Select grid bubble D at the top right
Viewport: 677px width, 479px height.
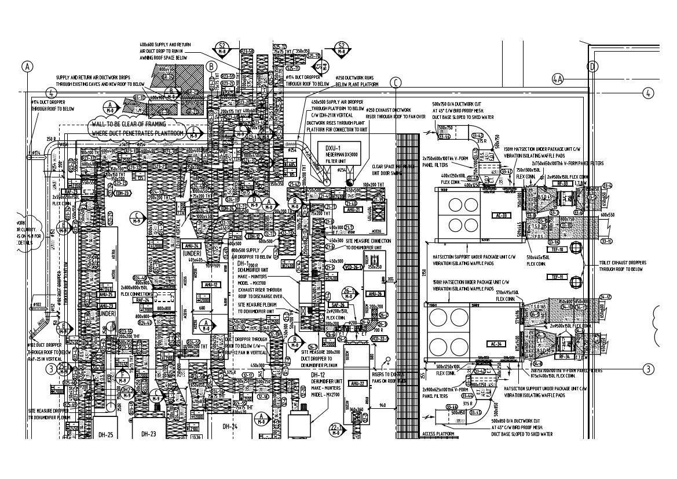[x=592, y=66]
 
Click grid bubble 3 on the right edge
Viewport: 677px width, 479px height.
[x=649, y=369]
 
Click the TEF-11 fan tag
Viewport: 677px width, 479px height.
[x=558, y=277]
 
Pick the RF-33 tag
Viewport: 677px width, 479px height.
[x=561, y=183]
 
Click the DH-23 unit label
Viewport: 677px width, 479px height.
[x=149, y=433]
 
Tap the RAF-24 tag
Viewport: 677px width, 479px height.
[x=144, y=300]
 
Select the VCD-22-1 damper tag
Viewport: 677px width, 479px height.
[x=379, y=338]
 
